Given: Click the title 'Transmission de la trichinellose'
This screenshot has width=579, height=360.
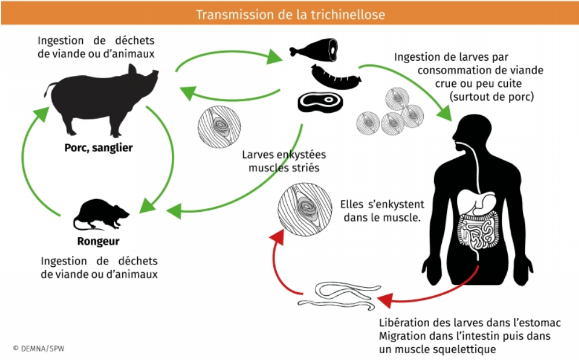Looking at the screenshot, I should pyautogui.click(x=289, y=13).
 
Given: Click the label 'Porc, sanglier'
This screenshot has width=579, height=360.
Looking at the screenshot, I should pyautogui.click(x=98, y=148).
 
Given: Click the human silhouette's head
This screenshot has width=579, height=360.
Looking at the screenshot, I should pyautogui.click(x=475, y=130).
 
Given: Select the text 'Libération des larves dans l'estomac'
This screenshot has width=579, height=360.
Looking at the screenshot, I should pyautogui.click(x=470, y=322).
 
